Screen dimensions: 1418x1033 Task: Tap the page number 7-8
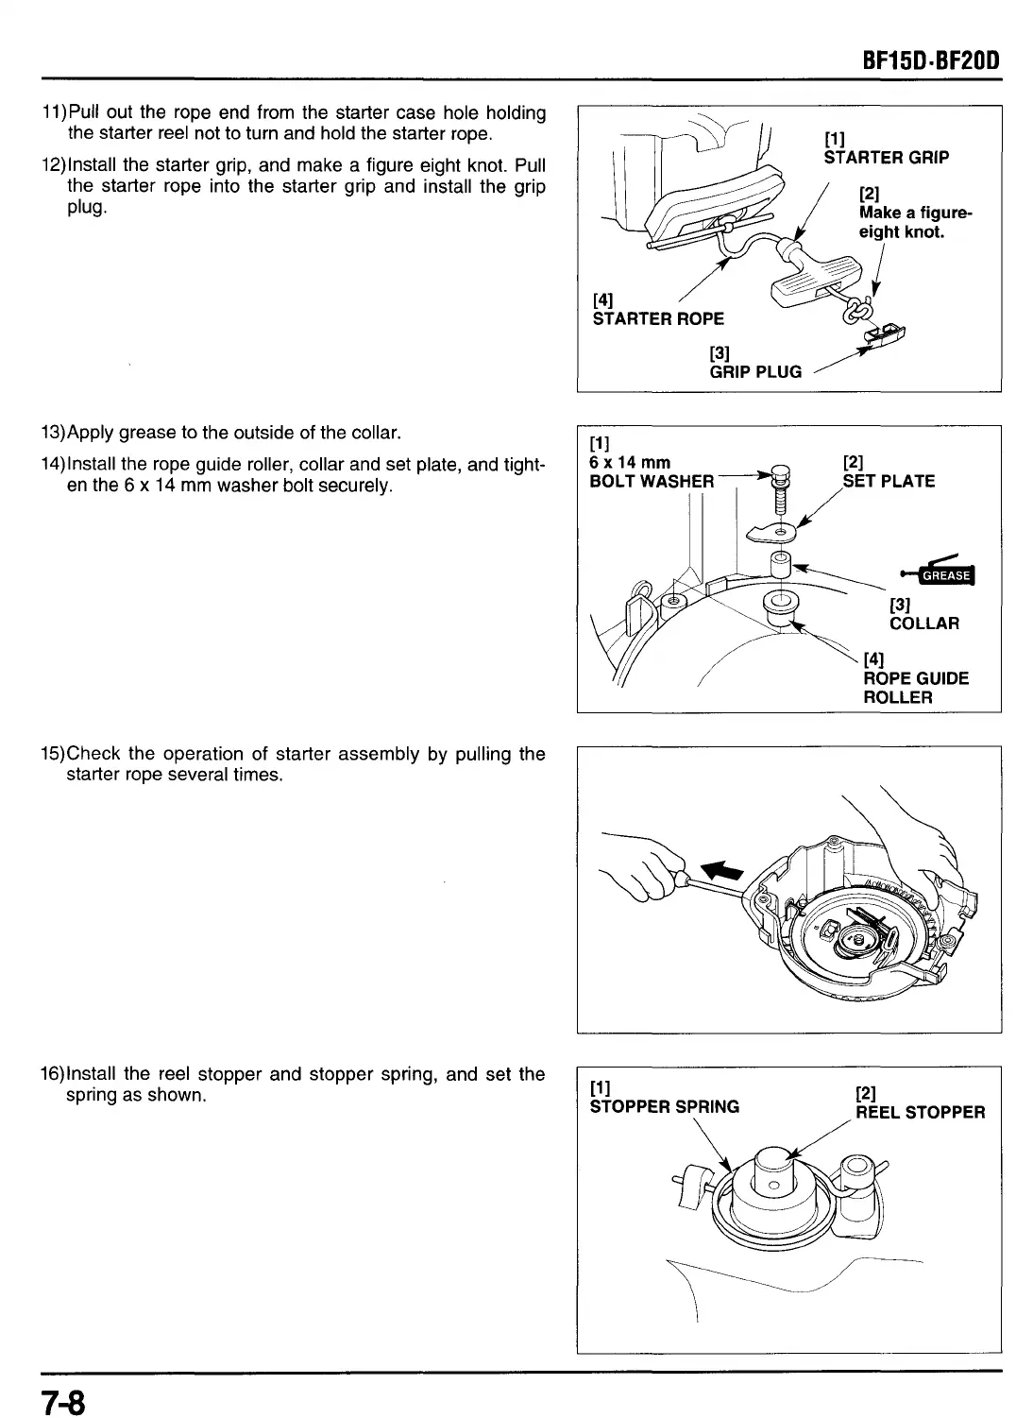[62, 1398]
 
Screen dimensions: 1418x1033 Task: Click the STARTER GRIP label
[886, 157]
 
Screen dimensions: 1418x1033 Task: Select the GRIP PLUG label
[755, 371]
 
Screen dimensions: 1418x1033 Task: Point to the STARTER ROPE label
[658, 318]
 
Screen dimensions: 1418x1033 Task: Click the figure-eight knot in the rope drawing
[860, 310]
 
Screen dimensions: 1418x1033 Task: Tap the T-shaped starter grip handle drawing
[809, 282]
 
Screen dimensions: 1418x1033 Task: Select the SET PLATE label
[889, 481]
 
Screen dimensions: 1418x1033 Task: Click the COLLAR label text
[923, 624]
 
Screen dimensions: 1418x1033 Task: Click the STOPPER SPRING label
[664, 1106]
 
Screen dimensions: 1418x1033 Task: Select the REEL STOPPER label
[920, 1112]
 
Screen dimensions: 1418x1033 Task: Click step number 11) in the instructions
[54, 113]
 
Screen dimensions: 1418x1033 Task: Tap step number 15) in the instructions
[53, 754]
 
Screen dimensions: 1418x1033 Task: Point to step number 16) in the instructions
[53, 1074]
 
